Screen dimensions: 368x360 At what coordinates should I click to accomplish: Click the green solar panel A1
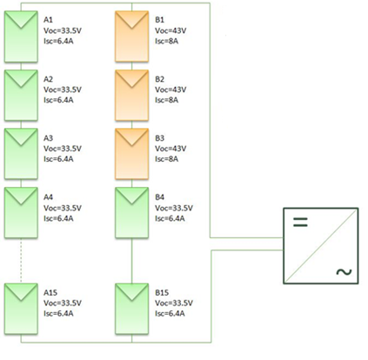coord(21,37)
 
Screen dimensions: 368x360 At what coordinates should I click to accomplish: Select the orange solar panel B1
coord(132,37)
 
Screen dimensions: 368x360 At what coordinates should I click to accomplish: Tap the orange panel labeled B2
coord(132,96)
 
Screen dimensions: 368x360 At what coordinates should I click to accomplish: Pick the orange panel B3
coord(132,154)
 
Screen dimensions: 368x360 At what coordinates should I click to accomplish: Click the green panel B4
coord(132,213)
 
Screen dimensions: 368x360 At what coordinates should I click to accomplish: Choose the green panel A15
coord(21,309)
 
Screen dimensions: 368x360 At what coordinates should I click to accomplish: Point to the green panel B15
coord(132,309)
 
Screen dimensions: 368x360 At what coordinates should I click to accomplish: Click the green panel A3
coord(21,154)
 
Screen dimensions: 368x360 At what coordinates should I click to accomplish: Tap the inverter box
coord(321,246)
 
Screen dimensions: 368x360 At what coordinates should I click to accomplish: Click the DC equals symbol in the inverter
coord(300,222)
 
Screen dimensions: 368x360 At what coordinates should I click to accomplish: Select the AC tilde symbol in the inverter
coord(344,272)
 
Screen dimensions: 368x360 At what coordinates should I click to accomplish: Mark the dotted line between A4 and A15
coord(21,261)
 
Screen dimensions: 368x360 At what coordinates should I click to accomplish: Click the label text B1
coord(159,20)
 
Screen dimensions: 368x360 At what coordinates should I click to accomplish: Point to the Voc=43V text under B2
coord(171,90)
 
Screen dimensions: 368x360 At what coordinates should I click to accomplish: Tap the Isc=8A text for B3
coord(166,159)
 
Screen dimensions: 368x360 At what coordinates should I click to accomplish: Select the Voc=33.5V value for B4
coord(174,208)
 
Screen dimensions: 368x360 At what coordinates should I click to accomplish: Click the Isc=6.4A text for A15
coord(58,313)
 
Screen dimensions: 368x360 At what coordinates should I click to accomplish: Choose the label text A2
coord(48,79)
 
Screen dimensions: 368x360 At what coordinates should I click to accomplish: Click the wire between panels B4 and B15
coord(132,261)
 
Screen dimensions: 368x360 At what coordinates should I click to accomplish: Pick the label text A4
coord(48,197)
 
